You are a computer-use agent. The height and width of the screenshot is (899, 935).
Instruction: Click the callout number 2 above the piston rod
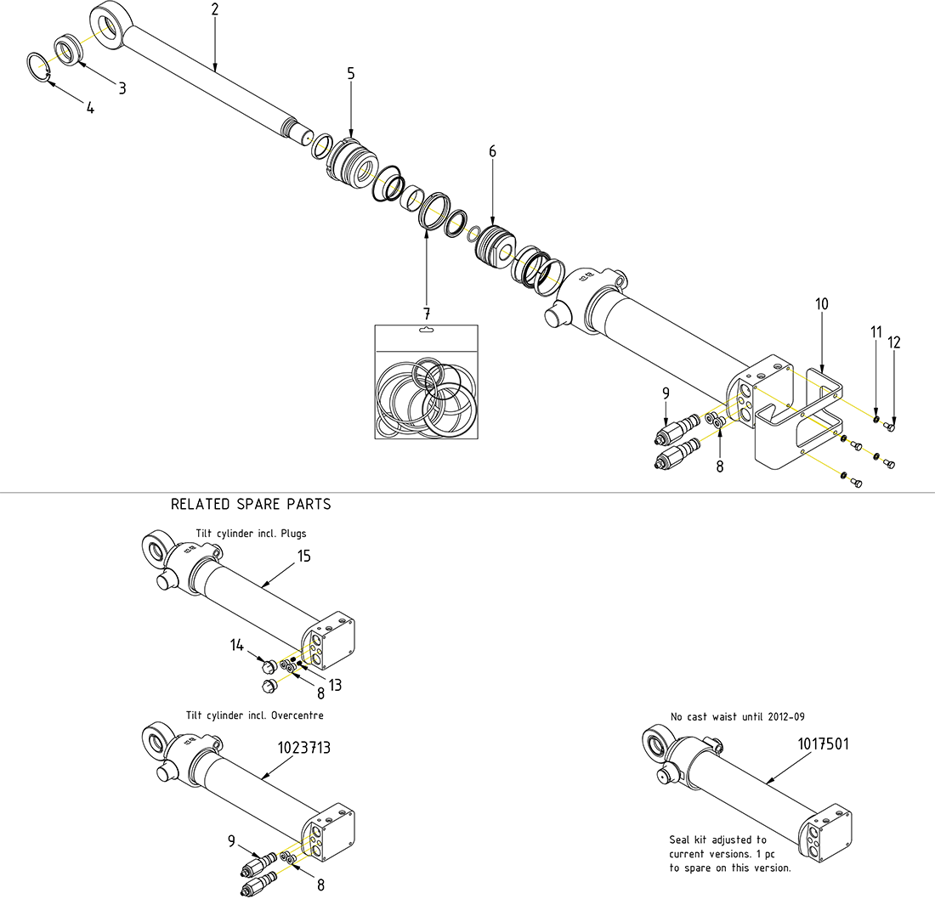(215, 10)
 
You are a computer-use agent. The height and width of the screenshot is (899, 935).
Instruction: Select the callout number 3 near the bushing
(122, 88)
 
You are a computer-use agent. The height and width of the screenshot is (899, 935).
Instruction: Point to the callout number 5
(350, 73)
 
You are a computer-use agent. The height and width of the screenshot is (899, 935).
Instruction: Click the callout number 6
(492, 151)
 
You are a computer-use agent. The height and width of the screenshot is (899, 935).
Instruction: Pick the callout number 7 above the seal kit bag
(427, 314)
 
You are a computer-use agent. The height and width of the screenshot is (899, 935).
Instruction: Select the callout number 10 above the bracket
(821, 303)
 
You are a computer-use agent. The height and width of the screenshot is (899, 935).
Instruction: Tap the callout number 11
(875, 333)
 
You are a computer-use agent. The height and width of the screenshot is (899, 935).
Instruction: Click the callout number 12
(893, 342)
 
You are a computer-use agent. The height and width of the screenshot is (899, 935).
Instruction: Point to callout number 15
(303, 557)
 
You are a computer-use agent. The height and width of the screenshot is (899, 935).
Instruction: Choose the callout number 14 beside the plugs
(236, 647)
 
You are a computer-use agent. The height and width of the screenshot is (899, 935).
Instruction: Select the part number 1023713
(304, 749)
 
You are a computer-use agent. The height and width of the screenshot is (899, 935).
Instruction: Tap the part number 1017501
(823, 744)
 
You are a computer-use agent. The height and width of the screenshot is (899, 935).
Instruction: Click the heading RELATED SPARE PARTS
(251, 504)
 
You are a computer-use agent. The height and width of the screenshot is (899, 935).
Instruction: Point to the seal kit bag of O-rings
(426, 387)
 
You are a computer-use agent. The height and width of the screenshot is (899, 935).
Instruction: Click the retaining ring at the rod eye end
(40, 67)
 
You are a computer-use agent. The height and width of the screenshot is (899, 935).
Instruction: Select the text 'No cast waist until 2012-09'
(737, 717)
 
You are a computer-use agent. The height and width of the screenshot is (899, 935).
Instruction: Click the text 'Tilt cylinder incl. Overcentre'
(254, 715)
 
